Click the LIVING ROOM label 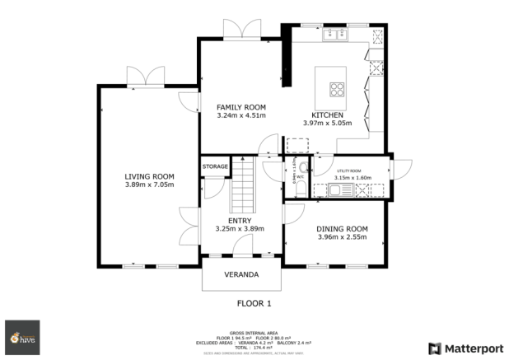pos(149,175)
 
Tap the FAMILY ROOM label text pos(240,107)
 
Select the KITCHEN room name pos(327,115)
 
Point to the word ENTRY pos(239,220)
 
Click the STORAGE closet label pos(215,166)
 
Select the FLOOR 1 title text pos(254,303)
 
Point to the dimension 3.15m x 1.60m pos(353,177)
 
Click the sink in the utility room pos(337,191)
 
